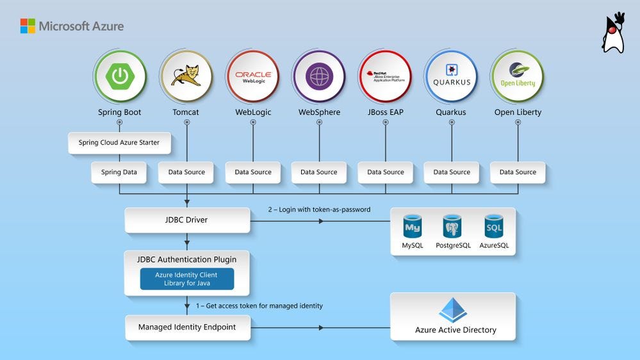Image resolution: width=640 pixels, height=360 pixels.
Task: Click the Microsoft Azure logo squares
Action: coord(28,26)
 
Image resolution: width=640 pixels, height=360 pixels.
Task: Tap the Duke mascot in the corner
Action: coord(613,33)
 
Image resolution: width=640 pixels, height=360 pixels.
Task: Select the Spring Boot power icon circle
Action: coord(120,77)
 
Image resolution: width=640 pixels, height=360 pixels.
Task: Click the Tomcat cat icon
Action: coord(186,77)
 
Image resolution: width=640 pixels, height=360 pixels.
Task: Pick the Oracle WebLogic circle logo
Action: coord(252,77)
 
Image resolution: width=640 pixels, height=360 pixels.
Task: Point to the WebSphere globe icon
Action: coord(319,77)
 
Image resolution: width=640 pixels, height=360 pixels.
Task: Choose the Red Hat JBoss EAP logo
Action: coord(385,77)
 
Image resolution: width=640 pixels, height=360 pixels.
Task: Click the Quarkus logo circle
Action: coord(452,77)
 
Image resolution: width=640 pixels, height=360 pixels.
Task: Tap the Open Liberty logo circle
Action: coord(518,77)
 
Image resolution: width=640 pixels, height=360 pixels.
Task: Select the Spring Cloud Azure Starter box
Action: coord(119,143)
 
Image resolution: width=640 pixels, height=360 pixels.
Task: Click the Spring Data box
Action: coord(119,172)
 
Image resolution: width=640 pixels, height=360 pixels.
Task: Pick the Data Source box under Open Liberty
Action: coord(518,172)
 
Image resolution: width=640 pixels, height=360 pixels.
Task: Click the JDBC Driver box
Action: coord(186,220)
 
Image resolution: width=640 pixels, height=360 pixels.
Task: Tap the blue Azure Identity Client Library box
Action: coord(187,279)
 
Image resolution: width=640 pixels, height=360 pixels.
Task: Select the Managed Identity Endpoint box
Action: coord(187,327)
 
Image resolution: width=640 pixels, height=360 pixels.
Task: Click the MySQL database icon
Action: coord(413,227)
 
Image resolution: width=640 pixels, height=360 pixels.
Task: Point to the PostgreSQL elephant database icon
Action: coord(452,227)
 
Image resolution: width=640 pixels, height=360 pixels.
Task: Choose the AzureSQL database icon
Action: coord(494,227)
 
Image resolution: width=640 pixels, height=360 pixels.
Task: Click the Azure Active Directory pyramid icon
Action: coord(453,310)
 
